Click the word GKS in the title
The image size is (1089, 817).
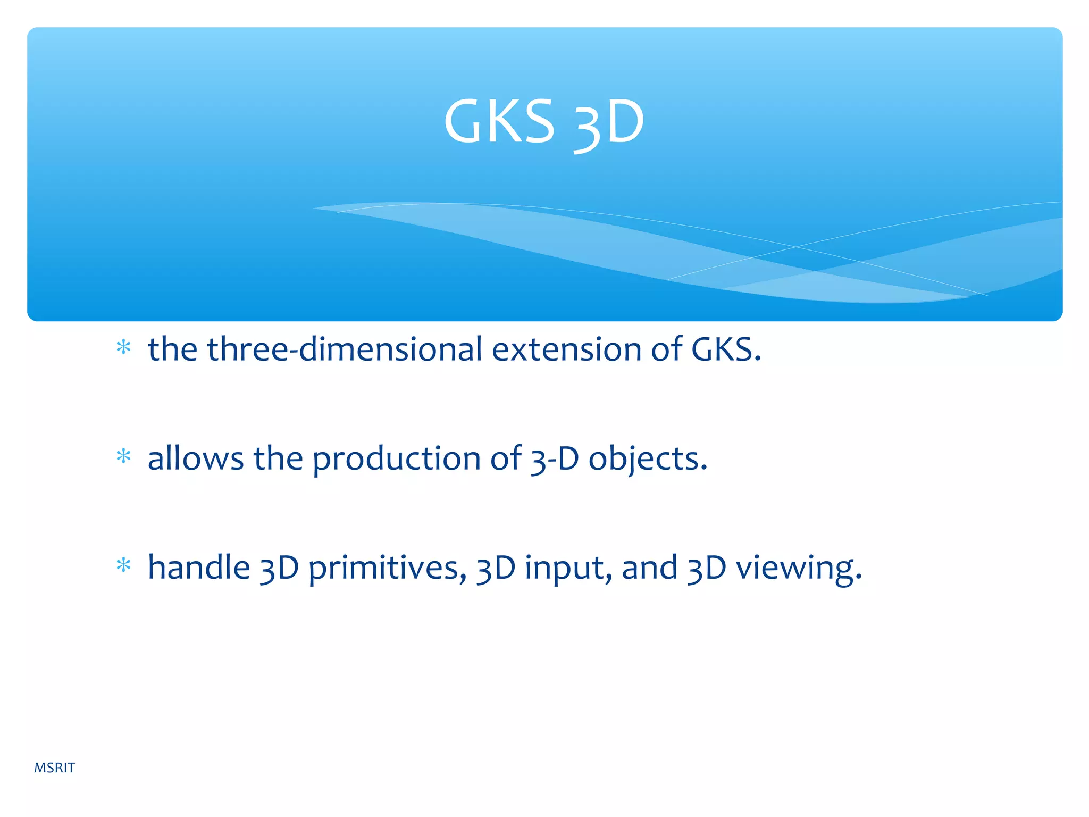pos(499,122)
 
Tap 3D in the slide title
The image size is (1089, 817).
pos(609,124)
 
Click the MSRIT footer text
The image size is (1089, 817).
pos(54,768)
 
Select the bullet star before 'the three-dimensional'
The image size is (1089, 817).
pos(123,348)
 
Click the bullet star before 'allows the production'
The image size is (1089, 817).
pos(123,456)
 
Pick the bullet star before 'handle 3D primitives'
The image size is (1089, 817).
pos(123,565)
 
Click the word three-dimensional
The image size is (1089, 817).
pos(345,349)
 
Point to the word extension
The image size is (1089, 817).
pos(567,349)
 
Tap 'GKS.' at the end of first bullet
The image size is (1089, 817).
pos(726,349)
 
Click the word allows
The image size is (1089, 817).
pos(195,458)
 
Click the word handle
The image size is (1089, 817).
pos(199,568)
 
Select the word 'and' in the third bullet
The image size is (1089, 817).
pos(649,568)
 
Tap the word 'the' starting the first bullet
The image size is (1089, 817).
pos(172,349)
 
